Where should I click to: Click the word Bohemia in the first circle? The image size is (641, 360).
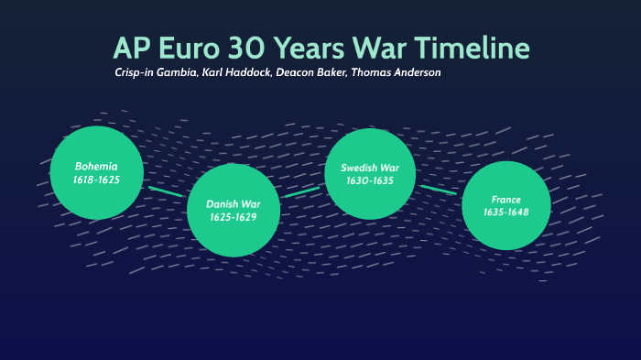tap(97, 166)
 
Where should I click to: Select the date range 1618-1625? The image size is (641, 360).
tap(97, 180)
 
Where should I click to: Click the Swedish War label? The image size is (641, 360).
tap(370, 168)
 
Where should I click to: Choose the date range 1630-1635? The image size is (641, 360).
tap(370, 181)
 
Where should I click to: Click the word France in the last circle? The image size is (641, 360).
tap(505, 199)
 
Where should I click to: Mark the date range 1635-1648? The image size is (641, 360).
tap(505, 213)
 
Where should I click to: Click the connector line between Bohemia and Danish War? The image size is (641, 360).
tap(166, 192)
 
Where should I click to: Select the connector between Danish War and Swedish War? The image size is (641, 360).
tap(300, 192)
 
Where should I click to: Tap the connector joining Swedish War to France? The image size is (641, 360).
tap(438, 189)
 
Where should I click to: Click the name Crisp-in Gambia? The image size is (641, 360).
tap(154, 72)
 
